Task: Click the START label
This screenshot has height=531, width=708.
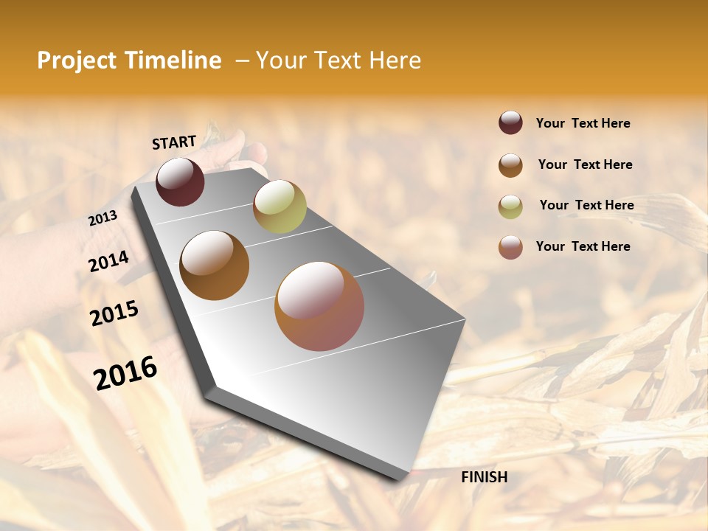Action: click(x=174, y=142)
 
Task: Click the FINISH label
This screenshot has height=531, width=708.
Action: click(x=485, y=477)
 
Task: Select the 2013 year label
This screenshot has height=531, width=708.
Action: click(x=103, y=218)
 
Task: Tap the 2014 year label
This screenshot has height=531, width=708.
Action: click(x=108, y=262)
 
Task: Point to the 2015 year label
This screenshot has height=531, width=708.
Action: click(x=114, y=313)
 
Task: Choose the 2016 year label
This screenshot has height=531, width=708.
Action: click(x=125, y=372)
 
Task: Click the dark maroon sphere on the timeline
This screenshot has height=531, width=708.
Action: click(x=180, y=181)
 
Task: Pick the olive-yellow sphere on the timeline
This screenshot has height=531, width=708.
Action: click(x=280, y=206)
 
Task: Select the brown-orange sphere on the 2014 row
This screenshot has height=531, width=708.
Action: click(x=215, y=265)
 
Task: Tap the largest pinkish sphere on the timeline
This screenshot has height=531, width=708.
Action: click(x=319, y=306)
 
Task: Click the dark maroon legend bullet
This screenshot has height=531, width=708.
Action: click(x=510, y=122)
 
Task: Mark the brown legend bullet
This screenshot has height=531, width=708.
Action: click(x=510, y=165)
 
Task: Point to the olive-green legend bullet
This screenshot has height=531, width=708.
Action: click(x=510, y=206)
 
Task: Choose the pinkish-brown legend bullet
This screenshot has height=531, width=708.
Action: click(x=510, y=247)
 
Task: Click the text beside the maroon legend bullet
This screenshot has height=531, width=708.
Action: click(x=583, y=123)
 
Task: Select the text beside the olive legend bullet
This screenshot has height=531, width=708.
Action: click(x=586, y=205)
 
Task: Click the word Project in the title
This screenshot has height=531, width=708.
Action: click(x=77, y=60)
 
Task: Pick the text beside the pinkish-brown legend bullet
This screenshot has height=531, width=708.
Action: click(x=583, y=246)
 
